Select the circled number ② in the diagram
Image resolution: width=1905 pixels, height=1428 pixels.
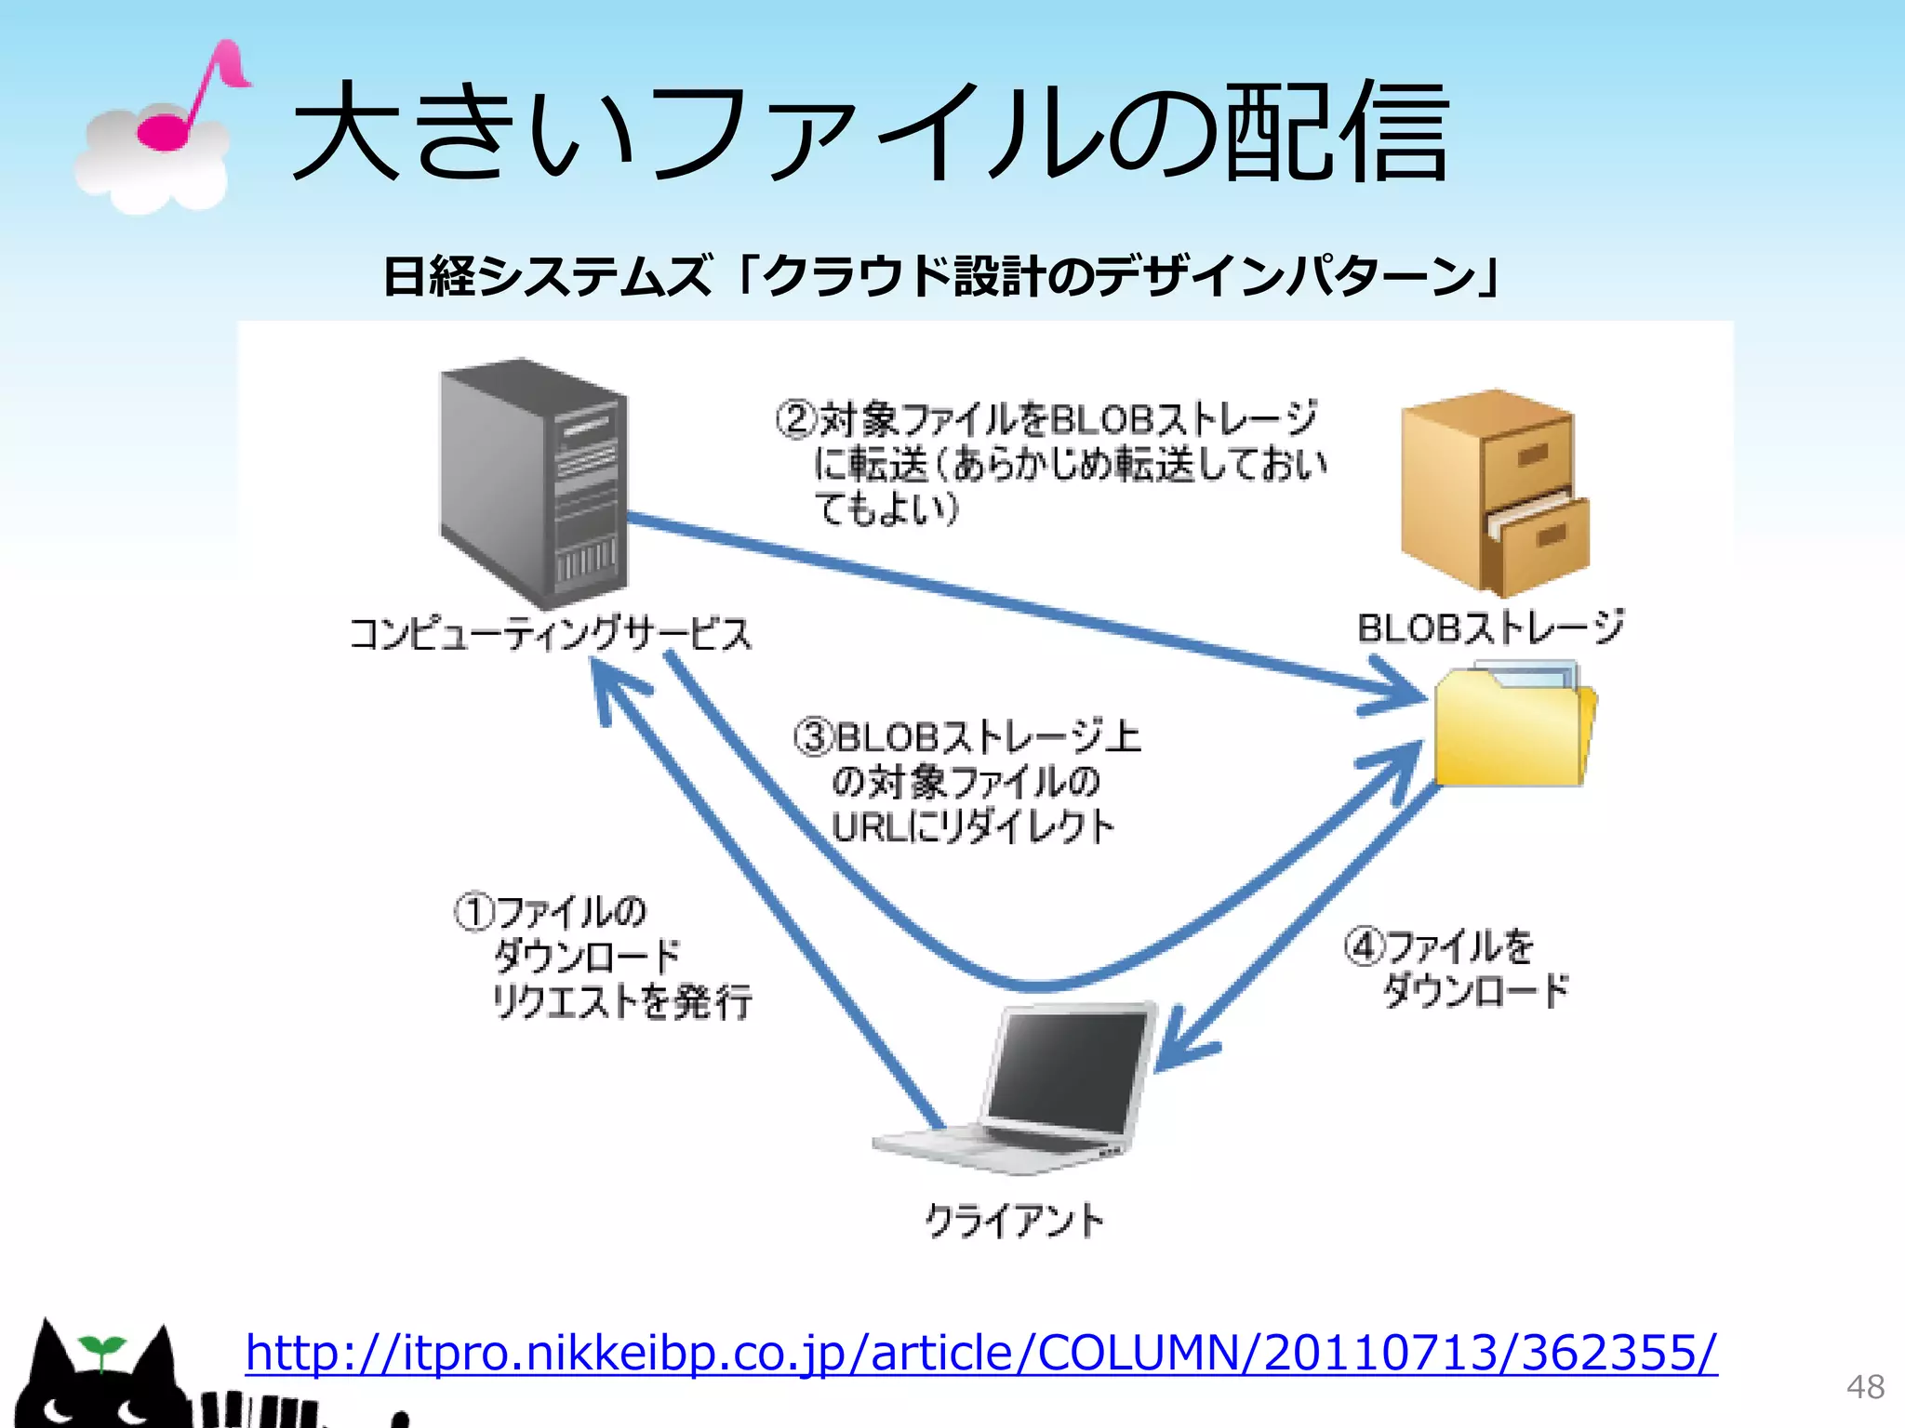coord(795,419)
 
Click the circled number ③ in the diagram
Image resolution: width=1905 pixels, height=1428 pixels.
coord(813,737)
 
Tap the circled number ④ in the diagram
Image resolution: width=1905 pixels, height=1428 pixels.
coord(1363,947)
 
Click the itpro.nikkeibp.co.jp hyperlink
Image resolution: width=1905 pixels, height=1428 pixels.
coord(981,1353)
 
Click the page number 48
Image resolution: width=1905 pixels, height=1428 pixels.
coord(1865,1386)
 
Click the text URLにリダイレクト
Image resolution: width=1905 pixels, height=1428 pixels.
coord(972,826)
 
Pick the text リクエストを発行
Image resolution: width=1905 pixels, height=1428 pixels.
coord(621,1001)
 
